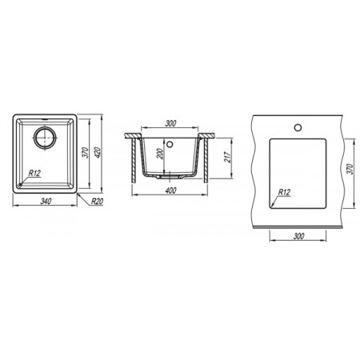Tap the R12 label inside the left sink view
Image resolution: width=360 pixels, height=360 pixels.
pos(34,174)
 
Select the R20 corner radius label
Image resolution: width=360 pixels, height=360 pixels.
pos(97,202)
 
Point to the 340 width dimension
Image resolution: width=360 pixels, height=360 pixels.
pos(46,202)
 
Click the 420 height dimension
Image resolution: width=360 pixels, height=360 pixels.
pos(98,153)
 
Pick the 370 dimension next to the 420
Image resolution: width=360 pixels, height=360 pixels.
pos(85,153)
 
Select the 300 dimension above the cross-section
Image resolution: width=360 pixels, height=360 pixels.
pos(170,123)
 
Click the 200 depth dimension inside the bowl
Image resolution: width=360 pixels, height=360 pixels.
pos(160,154)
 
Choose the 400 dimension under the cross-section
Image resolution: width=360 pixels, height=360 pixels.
pos(170,190)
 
